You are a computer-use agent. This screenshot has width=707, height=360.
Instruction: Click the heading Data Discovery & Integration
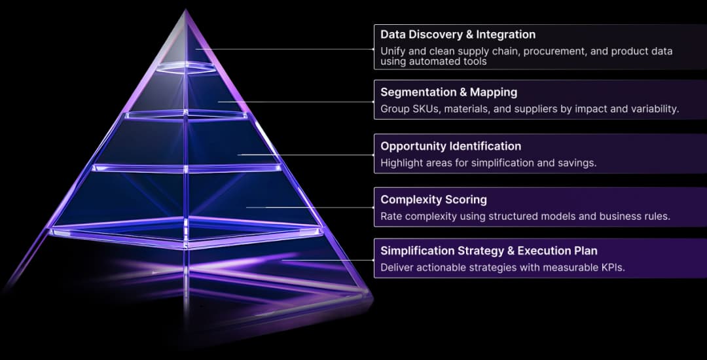[458, 35]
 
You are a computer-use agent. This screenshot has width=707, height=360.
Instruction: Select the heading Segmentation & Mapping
[448, 92]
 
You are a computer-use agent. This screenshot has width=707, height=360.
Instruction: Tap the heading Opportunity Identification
[451, 147]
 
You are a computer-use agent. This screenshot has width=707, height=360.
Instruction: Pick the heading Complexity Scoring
[434, 200]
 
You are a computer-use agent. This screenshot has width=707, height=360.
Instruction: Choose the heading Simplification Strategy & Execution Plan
[489, 251]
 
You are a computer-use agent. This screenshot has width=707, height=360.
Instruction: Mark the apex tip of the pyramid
[185, 9]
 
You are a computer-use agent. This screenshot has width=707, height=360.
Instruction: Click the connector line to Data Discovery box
[285, 49]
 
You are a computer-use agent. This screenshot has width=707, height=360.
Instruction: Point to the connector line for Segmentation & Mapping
[297, 102]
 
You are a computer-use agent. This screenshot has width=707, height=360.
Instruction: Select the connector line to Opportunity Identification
[306, 154]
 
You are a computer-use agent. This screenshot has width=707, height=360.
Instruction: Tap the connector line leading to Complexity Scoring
[311, 207]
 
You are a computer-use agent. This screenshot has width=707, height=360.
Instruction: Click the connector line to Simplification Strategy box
[328, 260]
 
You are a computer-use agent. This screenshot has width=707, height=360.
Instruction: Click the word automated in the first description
[435, 62]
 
